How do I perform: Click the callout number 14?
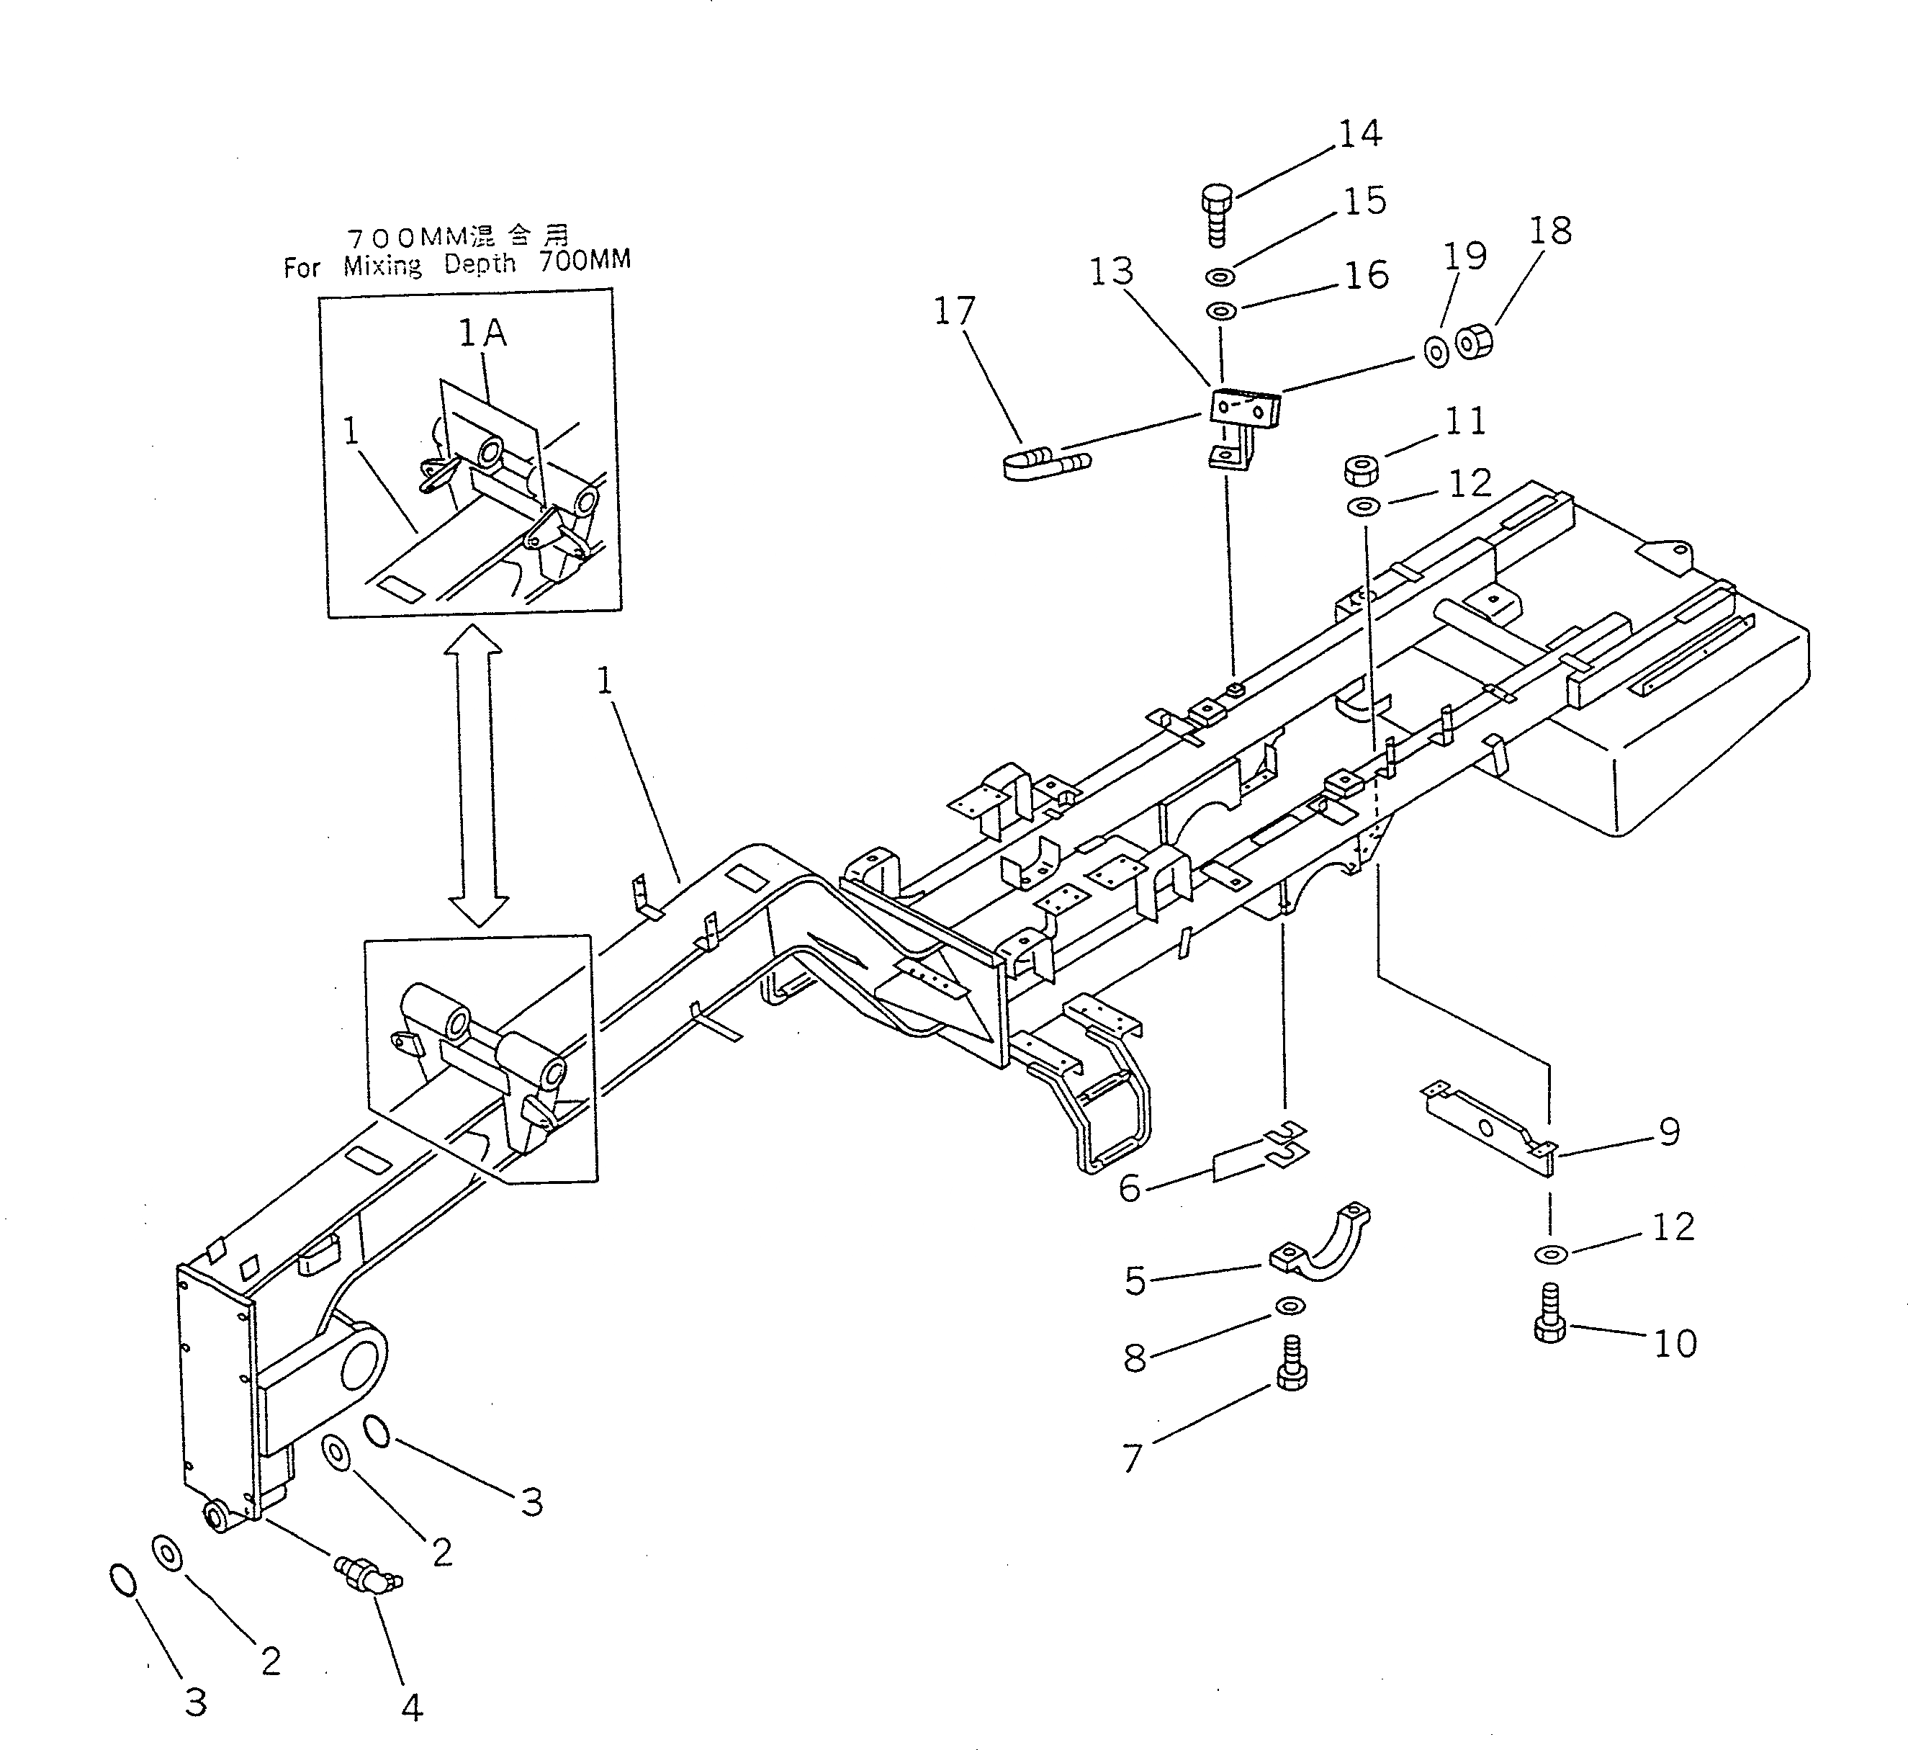click(x=1360, y=133)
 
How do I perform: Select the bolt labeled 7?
click(x=1292, y=1363)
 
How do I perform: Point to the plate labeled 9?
click(x=1487, y=1128)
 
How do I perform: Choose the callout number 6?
click(x=1130, y=1188)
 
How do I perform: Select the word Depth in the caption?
click(x=480, y=264)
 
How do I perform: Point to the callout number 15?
click(x=1364, y=202)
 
